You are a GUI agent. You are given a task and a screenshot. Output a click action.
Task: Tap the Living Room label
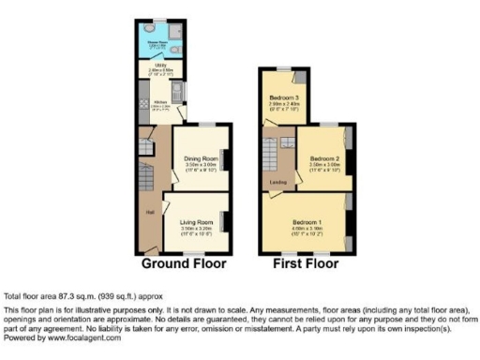pos(196,220)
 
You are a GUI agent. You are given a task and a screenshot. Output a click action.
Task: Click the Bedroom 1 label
pos(309,221)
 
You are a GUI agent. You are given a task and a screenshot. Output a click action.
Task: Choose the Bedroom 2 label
pos(323,156)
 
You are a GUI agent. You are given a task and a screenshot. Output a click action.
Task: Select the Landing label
pos(277,182)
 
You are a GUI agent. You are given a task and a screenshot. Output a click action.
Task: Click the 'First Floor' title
pos(306,263)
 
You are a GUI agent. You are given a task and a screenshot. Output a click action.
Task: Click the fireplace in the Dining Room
pos(226,162)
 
